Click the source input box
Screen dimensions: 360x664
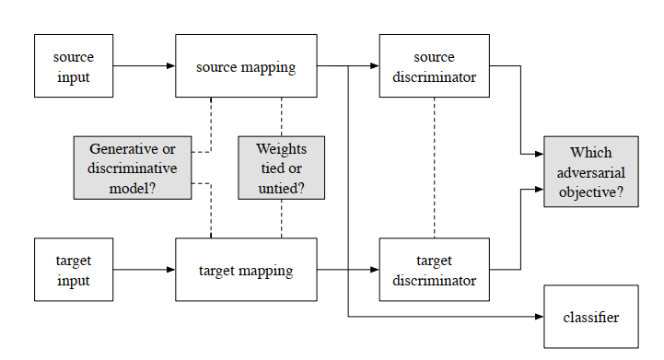(74, 66)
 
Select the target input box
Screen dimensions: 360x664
(74, 270)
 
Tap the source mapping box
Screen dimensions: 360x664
(246, 66)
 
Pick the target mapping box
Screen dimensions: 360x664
(246, 270)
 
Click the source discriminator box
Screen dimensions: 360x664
(434, 66)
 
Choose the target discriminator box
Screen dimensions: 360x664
(434, 270)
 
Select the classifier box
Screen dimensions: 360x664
(590, 317)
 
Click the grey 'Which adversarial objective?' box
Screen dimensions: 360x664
(590, 172)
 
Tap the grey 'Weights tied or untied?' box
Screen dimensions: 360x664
(281, 168)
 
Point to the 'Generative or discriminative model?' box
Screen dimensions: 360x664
(133, 168)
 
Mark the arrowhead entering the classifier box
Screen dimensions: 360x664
(539, 317)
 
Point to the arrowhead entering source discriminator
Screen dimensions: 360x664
(374, 66)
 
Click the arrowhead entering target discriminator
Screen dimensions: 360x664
(374, 270)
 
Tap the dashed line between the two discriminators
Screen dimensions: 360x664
(434, 168)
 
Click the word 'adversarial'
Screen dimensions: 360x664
(590, 172)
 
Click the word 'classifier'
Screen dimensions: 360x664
(590, 317)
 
